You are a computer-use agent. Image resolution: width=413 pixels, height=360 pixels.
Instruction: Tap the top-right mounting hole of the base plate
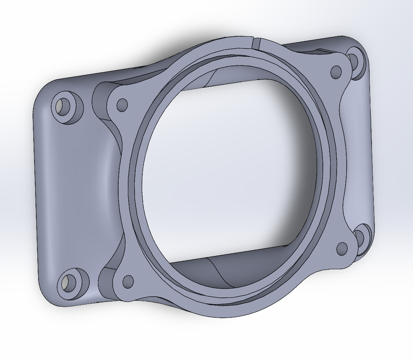tap(354, 61)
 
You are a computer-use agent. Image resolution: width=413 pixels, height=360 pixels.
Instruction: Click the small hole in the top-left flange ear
tap(122, 105)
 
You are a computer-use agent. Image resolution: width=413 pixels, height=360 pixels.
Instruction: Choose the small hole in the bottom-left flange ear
tap(128, 281)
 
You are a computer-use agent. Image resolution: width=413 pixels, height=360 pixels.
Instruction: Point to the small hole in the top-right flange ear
tap(336, 71)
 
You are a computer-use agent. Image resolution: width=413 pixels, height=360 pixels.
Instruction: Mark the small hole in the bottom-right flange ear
tap(342, 249)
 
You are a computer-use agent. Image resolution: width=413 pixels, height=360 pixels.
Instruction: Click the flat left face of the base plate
tap(74, 193)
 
